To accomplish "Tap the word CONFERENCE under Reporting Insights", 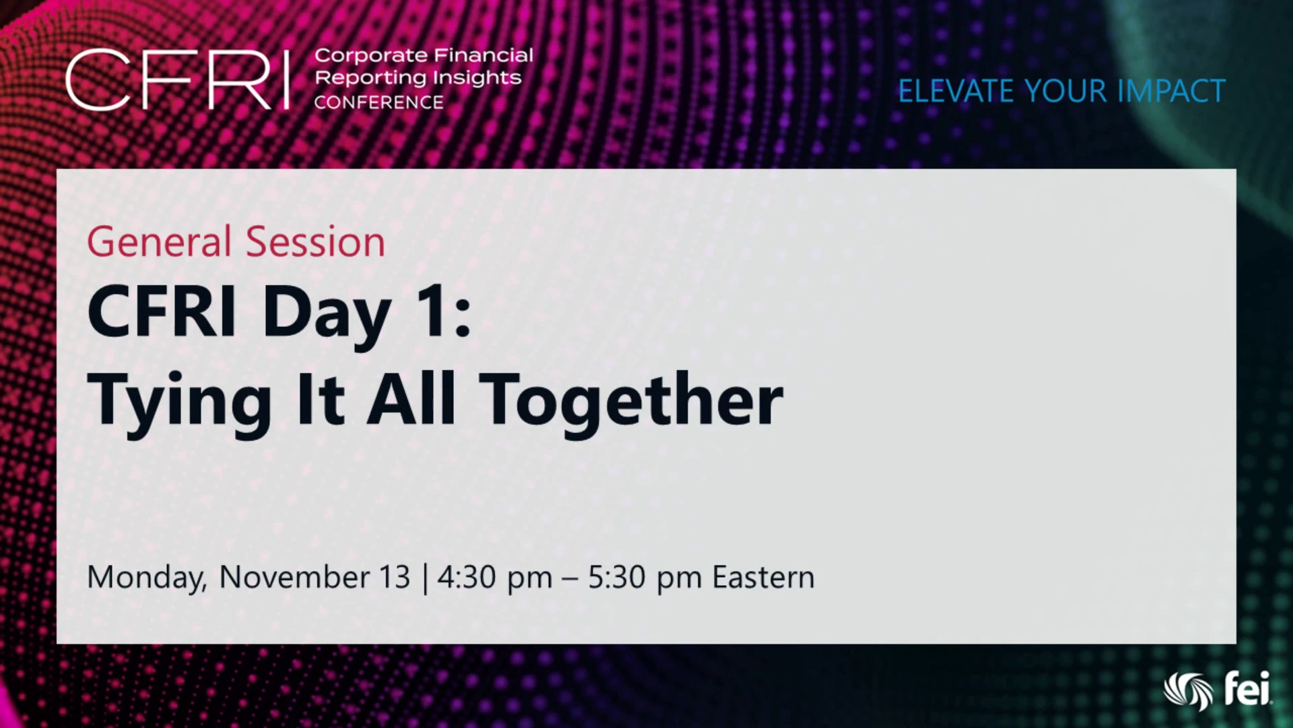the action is click(x=378, y=102).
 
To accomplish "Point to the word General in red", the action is click(x=160, y=241).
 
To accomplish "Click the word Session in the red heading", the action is click(x=315, y=241).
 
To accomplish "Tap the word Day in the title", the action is click(x=327, y=314).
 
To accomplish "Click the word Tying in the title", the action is click(x=179, y=403).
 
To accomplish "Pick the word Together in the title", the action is click(x=632, y=403).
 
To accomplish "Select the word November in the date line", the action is click(x=294, y=577).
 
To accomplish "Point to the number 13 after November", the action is click(x=395, y=577).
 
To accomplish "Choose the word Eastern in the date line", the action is click(x=764, y=577).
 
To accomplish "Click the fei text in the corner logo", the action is click(x=1247, y=688).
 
